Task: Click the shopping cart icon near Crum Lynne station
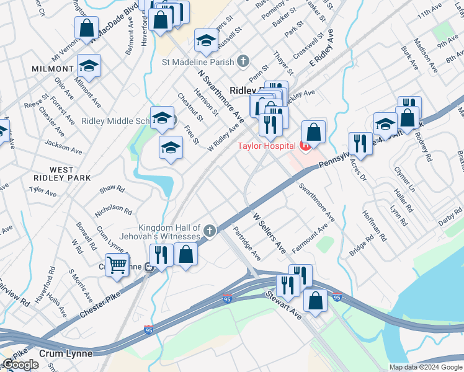[117, 265]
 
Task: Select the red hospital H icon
[305, 146]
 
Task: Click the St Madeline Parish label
[198, 61]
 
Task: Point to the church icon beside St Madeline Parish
[243, 61]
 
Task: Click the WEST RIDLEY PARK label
[62, 175]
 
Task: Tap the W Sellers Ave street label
[269, 233]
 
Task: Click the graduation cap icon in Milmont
[89, 66]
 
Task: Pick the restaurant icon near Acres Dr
[360, 143]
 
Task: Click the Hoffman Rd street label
[375, 228]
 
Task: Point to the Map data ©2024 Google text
[426, 367]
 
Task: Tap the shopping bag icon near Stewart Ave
[316, 301]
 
